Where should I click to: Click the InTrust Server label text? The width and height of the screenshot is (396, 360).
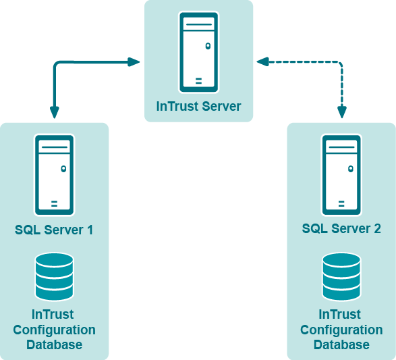click(x=198, y=106)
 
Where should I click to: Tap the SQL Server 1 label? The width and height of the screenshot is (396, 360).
click(x=54, y=230)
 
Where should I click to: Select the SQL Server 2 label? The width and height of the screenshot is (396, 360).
click(x=341, y=228)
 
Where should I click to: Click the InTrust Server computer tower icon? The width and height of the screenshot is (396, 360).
click(x=199, y=52)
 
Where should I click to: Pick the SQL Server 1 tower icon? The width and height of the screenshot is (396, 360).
click(x=54, y=175)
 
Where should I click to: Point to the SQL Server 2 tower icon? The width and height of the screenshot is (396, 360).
click(x=341, y=175)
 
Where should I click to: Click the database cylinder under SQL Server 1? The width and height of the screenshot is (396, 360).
click(x=54, y=276)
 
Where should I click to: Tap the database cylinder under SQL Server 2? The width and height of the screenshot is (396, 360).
click(x=341, y=276)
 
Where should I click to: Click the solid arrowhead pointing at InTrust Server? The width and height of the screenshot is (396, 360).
click(x=134, y=62)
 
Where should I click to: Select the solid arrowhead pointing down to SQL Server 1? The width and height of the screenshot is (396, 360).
click(x=54, y=113)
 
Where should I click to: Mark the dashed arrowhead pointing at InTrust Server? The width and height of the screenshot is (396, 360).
click(x=262, y=61)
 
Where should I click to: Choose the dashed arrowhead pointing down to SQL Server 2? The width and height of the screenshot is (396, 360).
click(x=342, y=113)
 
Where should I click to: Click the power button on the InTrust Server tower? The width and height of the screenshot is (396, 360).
click(x=208, y=46)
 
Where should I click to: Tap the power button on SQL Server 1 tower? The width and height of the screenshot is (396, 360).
click(x=63, y=169)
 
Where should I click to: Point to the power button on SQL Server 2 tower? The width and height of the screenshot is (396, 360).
click(x=351, y=169)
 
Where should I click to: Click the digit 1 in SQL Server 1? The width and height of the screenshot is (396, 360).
click(x=90, y=230)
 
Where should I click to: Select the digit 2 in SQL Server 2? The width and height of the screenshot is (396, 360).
click(x=377, y=228)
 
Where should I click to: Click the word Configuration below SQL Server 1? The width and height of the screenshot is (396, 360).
click(x=54, y=330)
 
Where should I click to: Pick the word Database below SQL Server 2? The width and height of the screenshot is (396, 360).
click(x=341, y=345)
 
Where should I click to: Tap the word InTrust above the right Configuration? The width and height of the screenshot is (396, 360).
click(x=340, y=314)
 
